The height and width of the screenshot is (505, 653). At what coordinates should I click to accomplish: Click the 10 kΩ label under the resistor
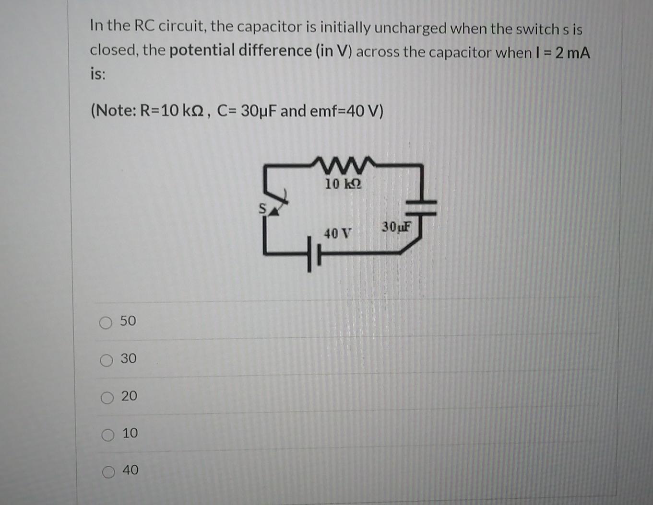(x=343, y=184)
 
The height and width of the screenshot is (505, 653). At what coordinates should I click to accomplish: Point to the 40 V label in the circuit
(x=337, y=234)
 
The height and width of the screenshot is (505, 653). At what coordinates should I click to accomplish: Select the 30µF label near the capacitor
(x=397, y=227)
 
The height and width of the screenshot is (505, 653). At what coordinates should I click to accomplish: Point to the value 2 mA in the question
(x=573, y=53)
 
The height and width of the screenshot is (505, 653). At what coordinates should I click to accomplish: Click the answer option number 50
(x=128, y=321)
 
